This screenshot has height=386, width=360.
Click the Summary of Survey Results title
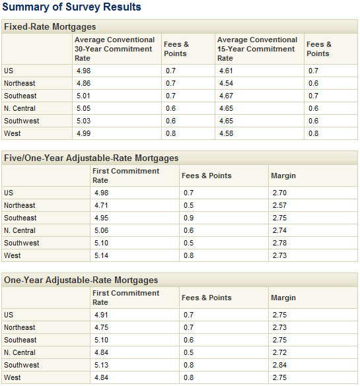pos(71,7)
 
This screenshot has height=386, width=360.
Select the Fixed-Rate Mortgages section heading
pos(50,26)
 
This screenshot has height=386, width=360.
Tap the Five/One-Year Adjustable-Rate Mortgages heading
pos(91,158)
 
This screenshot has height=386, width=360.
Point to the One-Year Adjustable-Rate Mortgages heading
pos(81,280)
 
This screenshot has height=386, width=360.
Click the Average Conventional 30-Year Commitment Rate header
pos(114,49)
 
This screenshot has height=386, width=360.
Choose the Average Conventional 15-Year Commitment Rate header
pos(257,49)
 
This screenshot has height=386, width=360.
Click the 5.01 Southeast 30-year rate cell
pos(83,96)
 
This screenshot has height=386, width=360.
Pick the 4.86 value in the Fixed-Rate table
pos(83,83)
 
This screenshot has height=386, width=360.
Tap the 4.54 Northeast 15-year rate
pos(226,83)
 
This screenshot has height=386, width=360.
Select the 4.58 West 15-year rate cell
pos(226,133)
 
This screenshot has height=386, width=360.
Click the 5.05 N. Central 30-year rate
pos(83,108)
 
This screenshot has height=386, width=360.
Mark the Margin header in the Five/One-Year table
pos(283,176)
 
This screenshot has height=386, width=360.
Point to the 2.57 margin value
pos(279,205)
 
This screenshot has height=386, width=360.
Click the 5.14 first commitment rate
pos(101,255)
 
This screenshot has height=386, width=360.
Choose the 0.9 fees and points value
pos(188,218)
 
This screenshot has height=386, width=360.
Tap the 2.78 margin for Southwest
pos(279,243)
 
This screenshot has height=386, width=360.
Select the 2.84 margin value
pos(279,365)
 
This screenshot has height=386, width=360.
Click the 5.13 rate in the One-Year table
pos(101,365)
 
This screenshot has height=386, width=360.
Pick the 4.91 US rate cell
pos(101,315)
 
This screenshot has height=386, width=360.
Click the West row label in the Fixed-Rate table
pos(13,133)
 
